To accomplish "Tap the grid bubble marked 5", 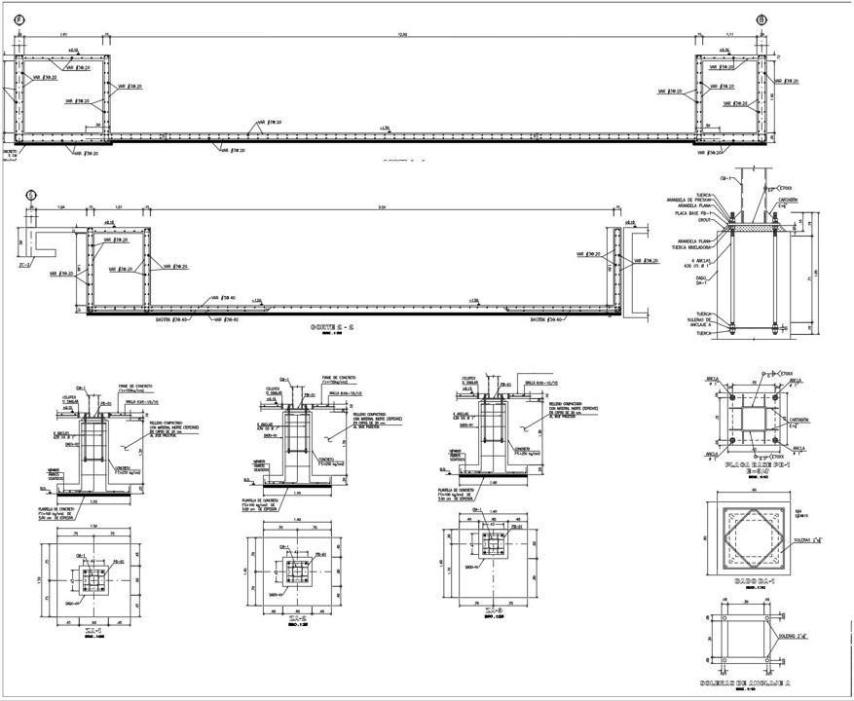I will click(31, 194).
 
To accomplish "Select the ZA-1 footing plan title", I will click(93, 630).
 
